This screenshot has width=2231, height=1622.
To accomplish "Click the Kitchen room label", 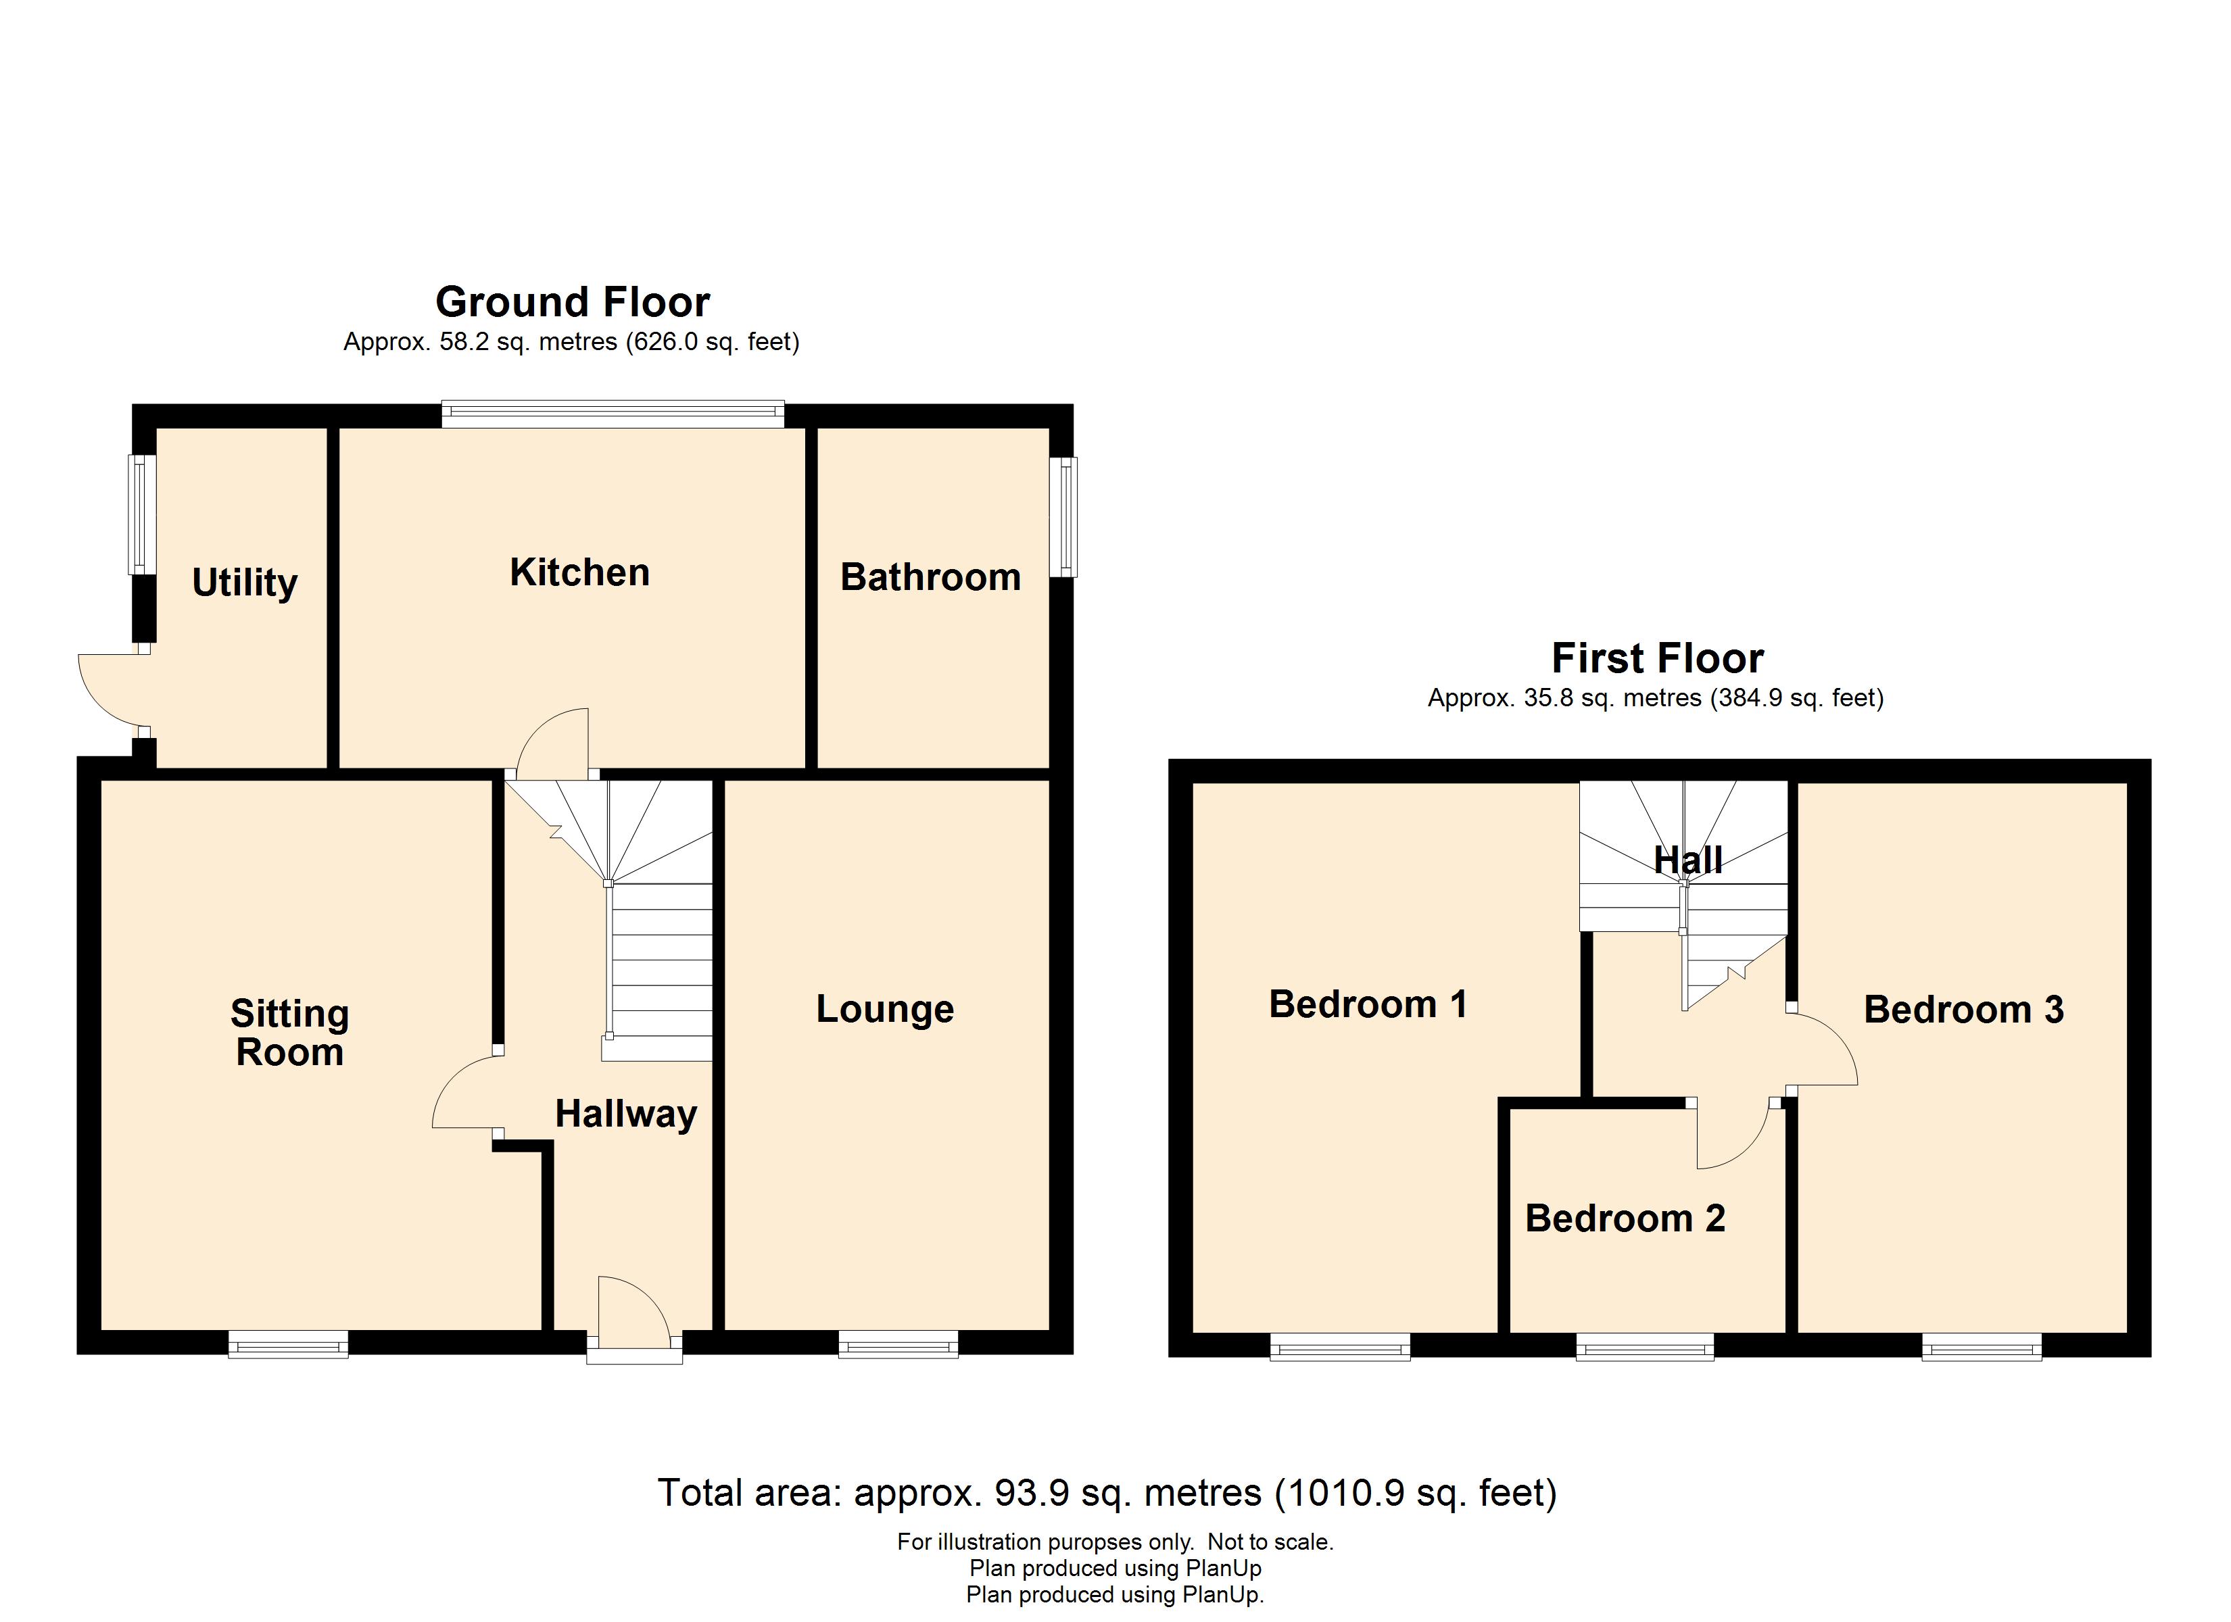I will point(579,572).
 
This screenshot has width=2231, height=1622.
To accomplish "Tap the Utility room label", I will point(244,583).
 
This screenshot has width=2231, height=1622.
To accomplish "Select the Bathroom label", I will point(930,577).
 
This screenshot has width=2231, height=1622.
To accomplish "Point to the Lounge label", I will point(884,1009).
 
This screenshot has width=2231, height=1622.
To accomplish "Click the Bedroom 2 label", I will point(1625,1219).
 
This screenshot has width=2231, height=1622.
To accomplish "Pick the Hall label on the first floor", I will point(1687,860).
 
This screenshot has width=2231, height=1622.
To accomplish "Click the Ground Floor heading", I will point(573,302).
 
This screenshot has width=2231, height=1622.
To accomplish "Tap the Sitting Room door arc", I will point(465,1092).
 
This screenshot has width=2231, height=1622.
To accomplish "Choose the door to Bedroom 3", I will point(1823,1050).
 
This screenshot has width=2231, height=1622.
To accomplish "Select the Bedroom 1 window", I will point(1340,1346).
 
